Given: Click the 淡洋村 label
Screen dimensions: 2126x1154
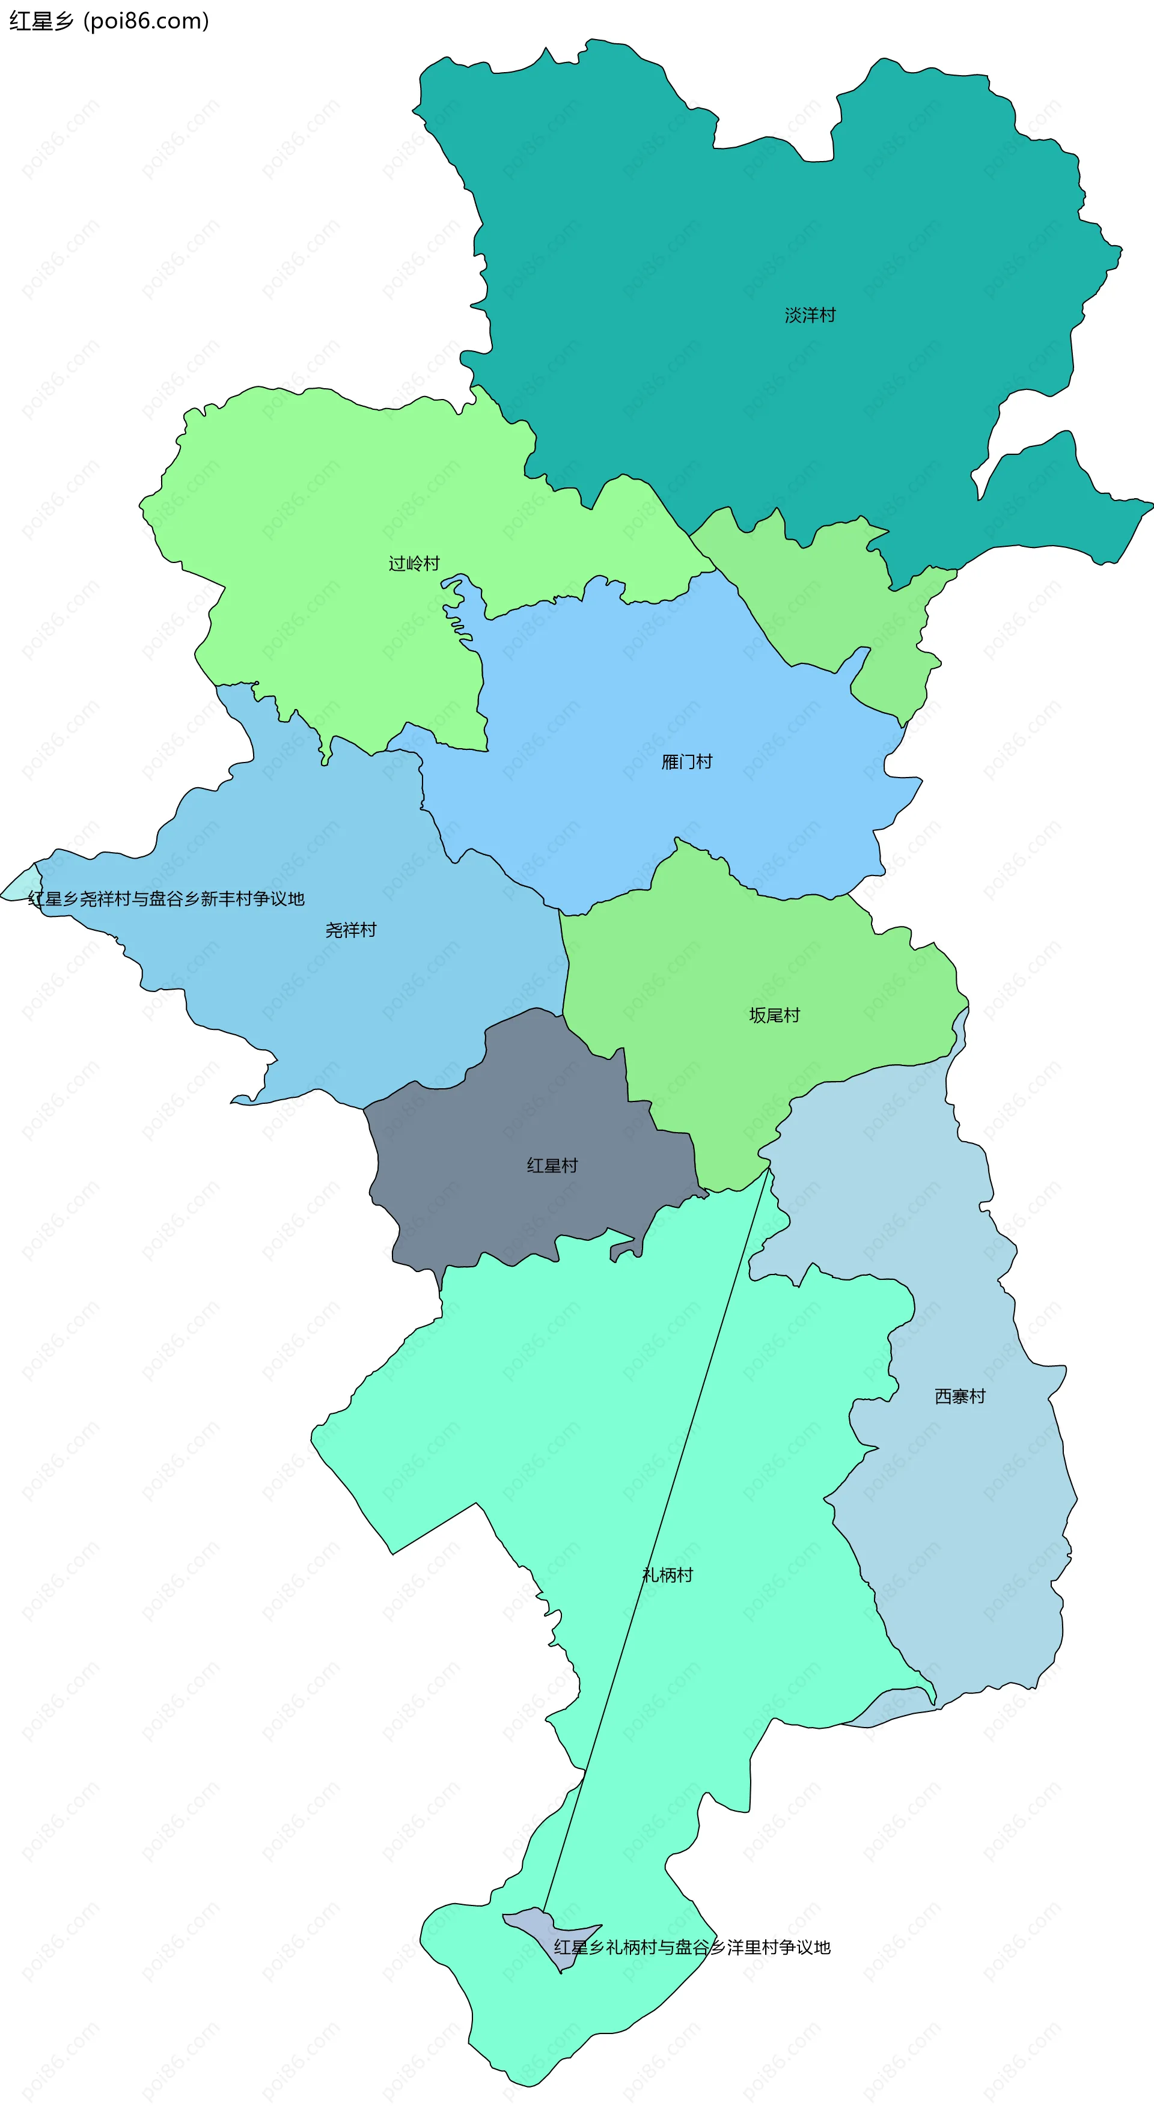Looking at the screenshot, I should (810, 315).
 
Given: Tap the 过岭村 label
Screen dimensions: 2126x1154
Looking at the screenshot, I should (414, 564).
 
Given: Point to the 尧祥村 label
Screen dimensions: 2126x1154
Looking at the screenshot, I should (351, 930).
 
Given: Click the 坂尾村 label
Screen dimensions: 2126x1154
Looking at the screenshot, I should (774, 1015).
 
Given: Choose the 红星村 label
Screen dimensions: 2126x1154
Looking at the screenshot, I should (552, 1165).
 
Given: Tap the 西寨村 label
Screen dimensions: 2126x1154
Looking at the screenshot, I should (959, 1397).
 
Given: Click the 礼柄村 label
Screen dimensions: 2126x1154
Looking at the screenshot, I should (667, 1575).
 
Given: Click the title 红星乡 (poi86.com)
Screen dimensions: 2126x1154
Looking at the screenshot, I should (109, 20).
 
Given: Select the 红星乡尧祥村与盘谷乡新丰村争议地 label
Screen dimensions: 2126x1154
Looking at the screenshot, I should (166, 899).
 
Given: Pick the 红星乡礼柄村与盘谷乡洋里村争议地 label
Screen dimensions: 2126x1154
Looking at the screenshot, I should (692, 1948).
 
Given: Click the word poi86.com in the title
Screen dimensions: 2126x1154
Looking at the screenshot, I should (147, 20).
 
